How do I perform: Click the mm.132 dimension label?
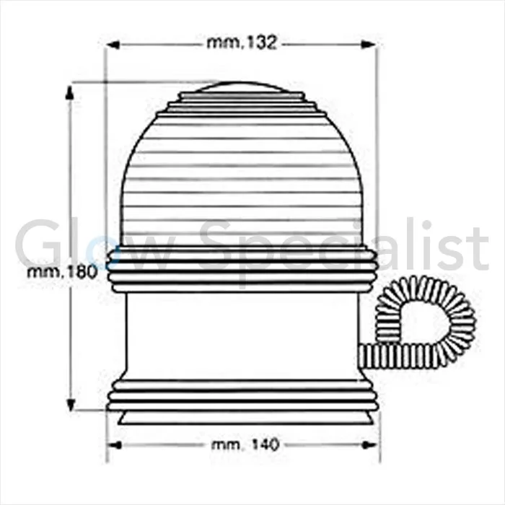[x=241, y=43]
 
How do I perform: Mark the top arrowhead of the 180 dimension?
[x=69, y=89]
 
